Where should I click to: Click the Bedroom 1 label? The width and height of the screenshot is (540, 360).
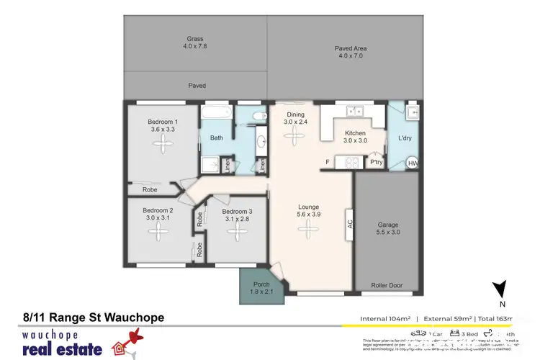coord(161,122)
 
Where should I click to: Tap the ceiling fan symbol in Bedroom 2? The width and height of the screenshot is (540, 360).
coord(156,230)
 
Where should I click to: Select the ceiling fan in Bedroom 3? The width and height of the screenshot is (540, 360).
coord(236,232)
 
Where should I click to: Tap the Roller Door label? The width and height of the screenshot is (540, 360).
coord(387,285)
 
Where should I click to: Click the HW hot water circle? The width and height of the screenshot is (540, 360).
coord(413,164)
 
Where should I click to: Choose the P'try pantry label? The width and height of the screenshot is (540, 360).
coord(375,163)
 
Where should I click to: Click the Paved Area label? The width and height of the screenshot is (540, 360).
coord(351,48)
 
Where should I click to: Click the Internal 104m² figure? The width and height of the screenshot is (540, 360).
coord(387,318)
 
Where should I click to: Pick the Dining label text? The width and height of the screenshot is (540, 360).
coord(294,114)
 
